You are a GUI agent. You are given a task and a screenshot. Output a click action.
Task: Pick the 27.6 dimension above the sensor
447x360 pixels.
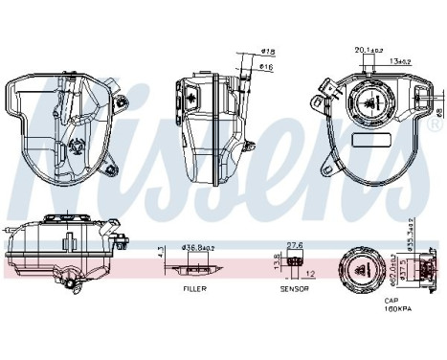click(x=296, y=244)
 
